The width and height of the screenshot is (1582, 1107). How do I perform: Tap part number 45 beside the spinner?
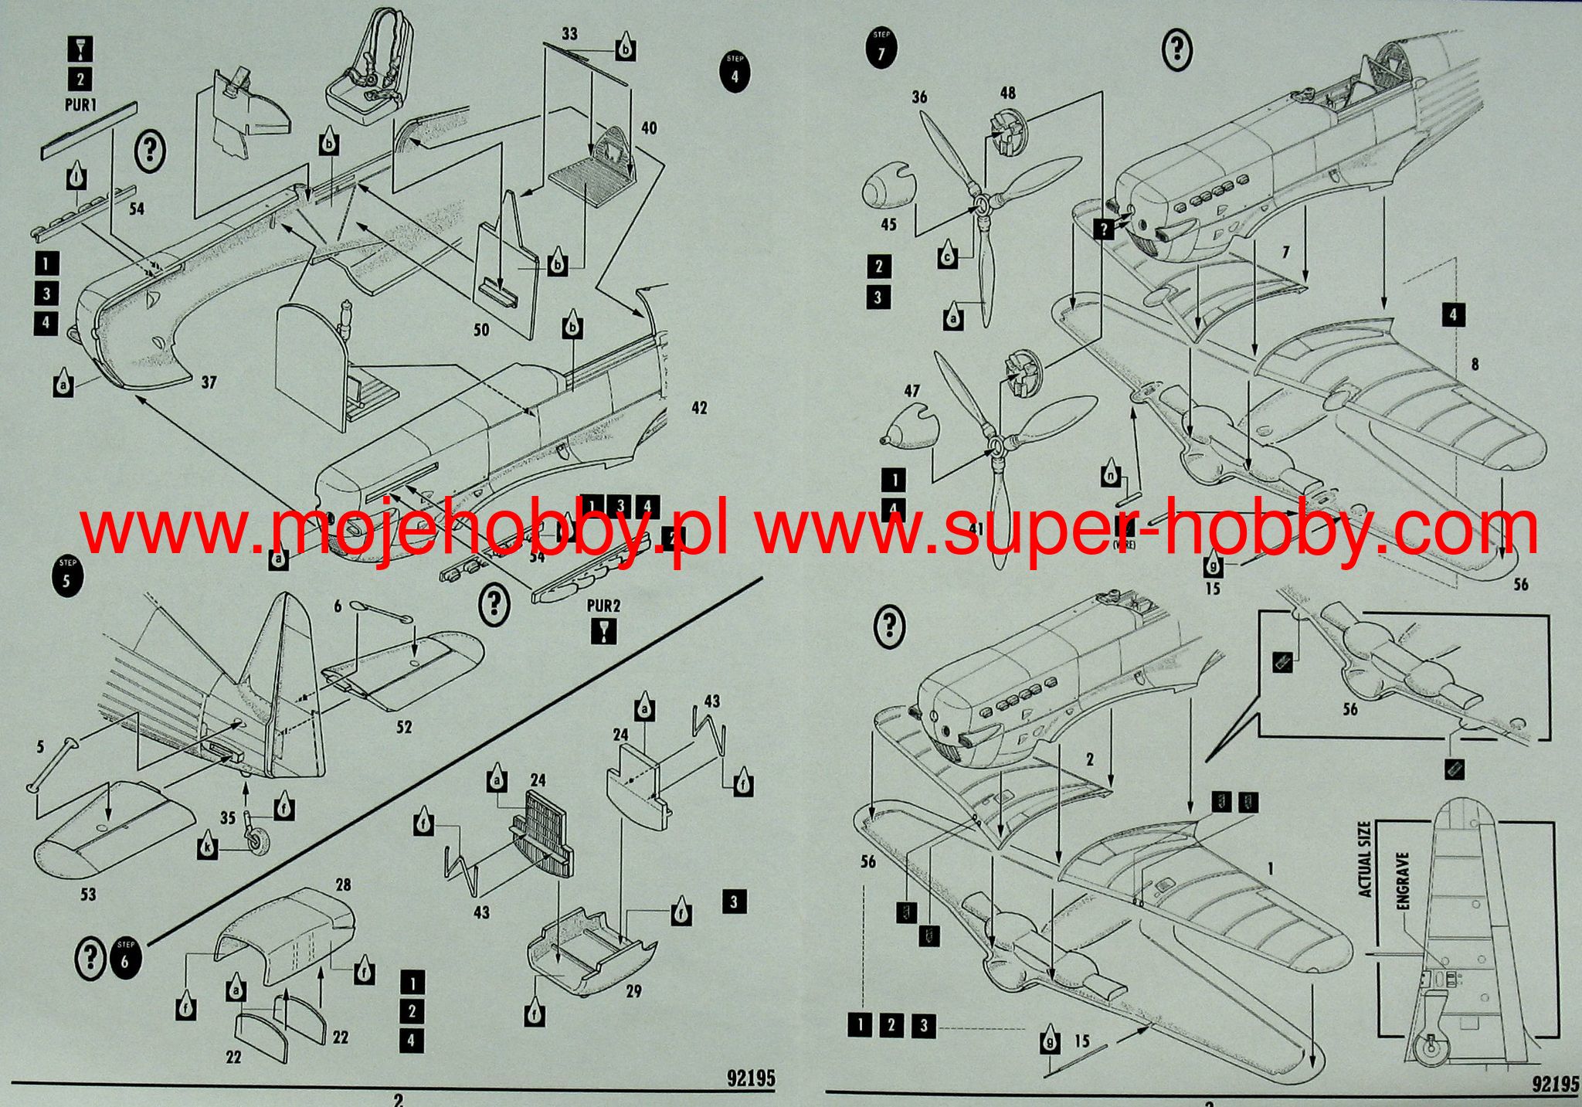888,224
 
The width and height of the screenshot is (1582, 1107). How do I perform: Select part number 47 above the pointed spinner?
912,391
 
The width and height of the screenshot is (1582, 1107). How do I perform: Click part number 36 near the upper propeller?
919,97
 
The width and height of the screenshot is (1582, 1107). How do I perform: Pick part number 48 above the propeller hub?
1007,93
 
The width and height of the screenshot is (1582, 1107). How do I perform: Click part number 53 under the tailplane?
88,894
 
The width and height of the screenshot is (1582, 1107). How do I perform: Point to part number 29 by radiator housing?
633,990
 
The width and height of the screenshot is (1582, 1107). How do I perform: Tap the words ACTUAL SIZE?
1366,859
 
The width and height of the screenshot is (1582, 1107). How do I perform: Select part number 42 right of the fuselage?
699,408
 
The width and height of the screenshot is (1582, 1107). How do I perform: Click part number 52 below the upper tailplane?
404,726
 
